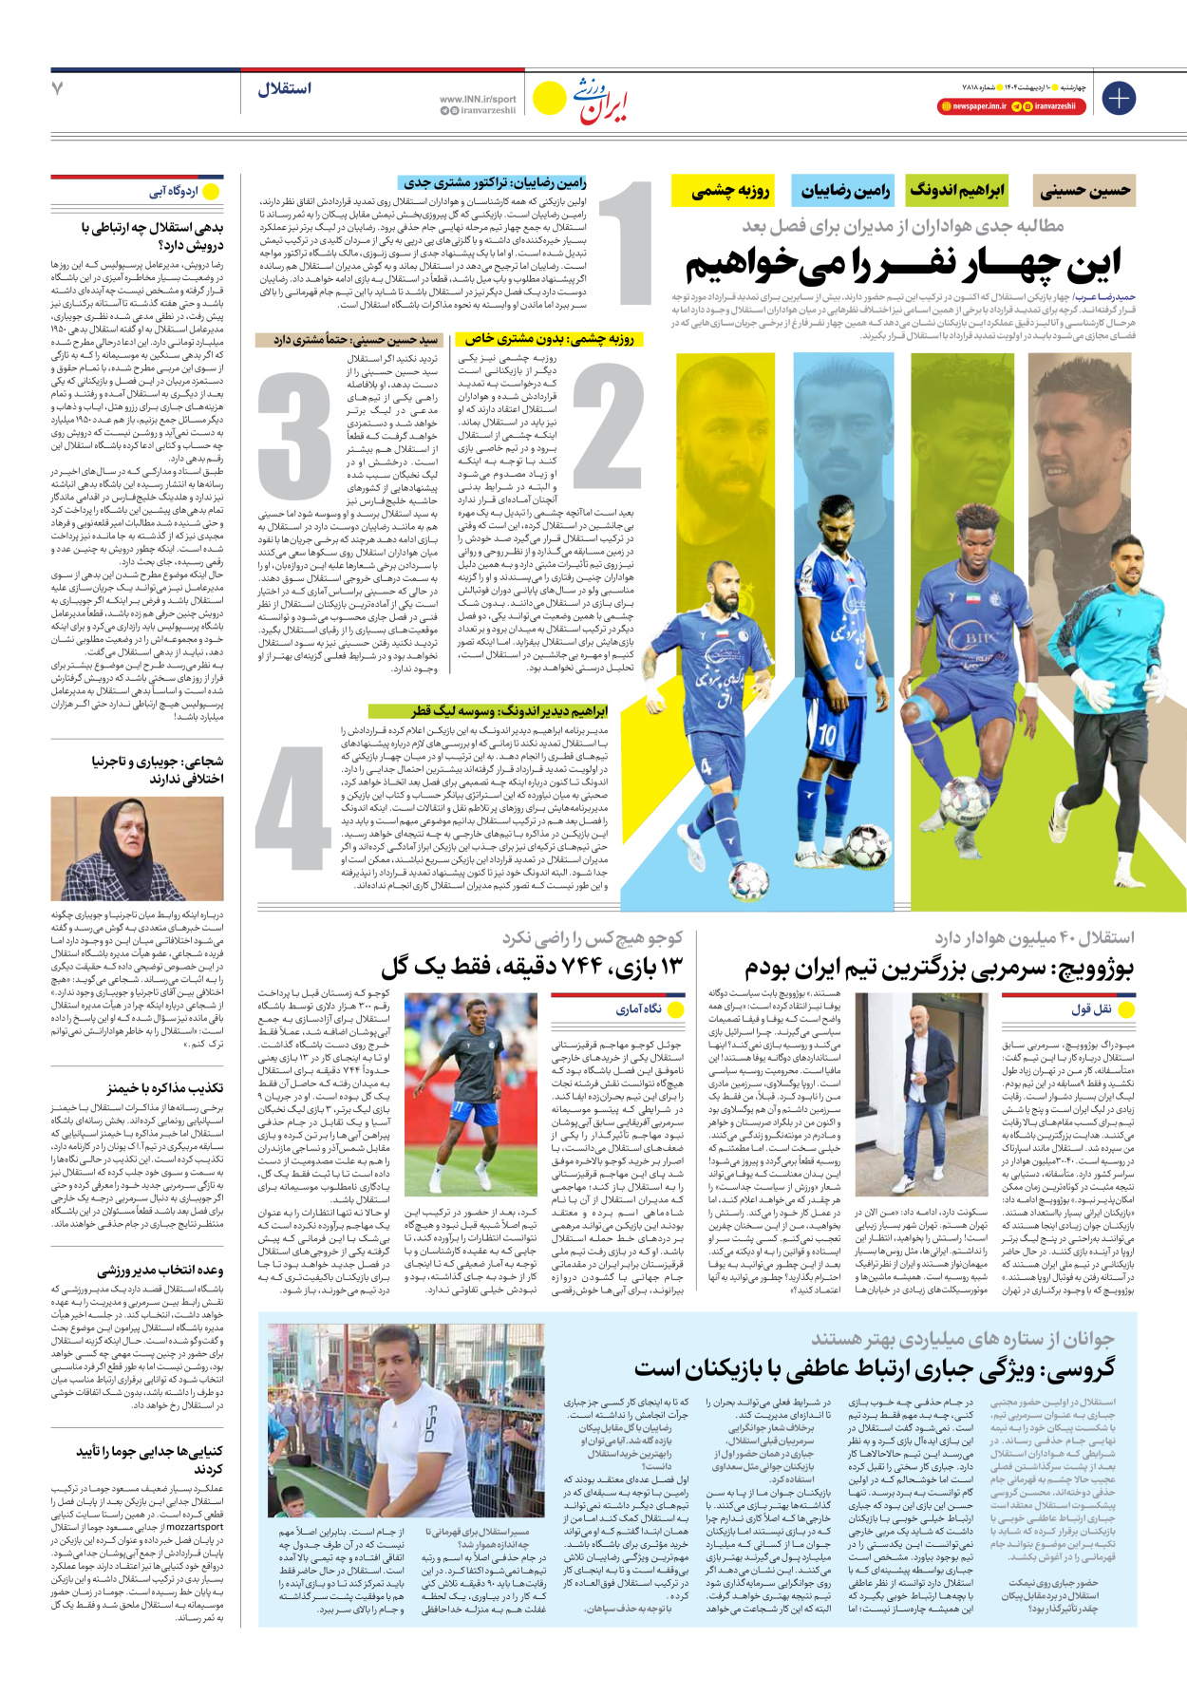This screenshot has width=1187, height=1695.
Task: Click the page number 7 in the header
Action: (x=58, y=88)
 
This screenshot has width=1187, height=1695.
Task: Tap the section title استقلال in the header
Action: (x=284, y=88)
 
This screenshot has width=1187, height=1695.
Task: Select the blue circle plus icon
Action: (x=1119, y=98)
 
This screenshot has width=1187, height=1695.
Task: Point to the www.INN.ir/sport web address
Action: (x=478, y=99)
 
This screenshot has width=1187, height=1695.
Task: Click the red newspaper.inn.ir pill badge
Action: (x=972, y=106)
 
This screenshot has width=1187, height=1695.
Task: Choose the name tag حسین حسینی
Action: (x=1084, y=191)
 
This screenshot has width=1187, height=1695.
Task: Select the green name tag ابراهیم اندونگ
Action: (x=956, y=191)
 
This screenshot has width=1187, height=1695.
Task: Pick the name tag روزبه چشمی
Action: (x=730, y=191)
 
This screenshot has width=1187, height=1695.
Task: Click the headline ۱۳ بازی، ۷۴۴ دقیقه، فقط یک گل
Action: (x=532, y=968)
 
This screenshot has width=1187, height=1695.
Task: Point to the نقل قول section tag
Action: (x=1102, y=1008)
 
